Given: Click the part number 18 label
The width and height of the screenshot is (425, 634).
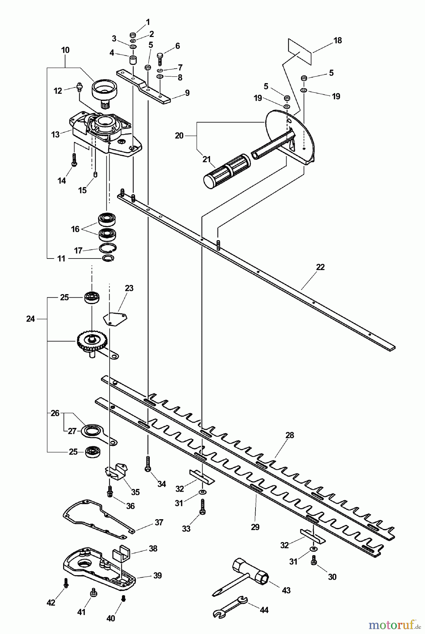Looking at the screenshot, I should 338,41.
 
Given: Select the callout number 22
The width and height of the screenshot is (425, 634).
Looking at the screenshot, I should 320,267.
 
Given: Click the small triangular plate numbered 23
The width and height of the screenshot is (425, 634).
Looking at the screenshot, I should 115,318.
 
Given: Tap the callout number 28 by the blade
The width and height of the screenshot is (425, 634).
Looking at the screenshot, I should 289,435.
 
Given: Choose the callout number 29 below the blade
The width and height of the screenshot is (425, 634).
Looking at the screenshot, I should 255,527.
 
